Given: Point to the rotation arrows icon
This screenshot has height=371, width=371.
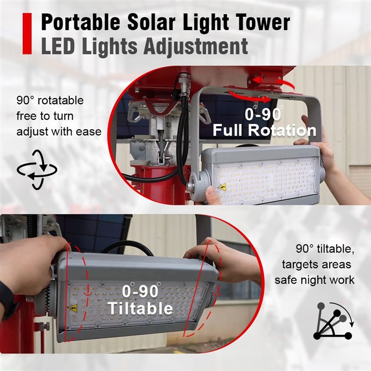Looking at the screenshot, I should tap(37, 169).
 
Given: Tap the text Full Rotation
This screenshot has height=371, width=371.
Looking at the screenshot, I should tap(264, 130).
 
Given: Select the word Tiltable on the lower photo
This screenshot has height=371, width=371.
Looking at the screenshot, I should tap(140, 308).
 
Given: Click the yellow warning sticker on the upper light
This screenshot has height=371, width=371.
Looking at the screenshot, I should tap(222, 187).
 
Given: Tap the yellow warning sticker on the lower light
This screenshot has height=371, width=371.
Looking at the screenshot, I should tap(72, 308).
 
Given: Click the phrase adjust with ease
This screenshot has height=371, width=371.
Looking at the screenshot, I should tap(58, 132).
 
